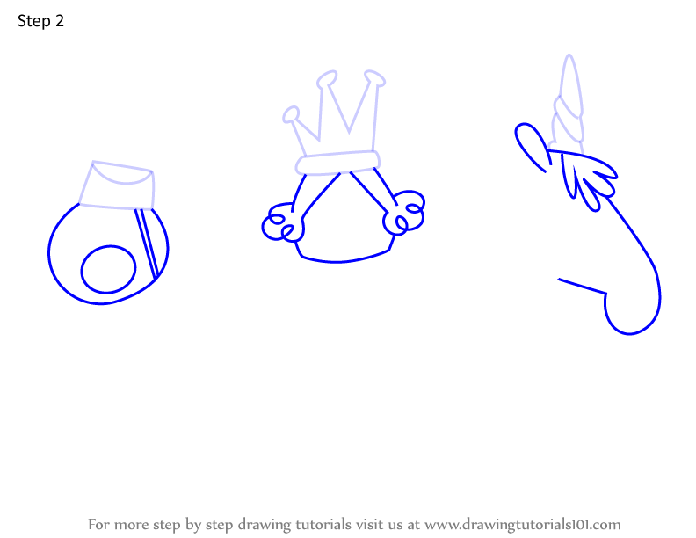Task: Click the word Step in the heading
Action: point(33,21)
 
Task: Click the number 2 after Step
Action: point(60,20)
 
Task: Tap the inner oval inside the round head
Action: point(108,270)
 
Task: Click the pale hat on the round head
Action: point(117,185)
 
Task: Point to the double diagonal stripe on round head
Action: point(147,244)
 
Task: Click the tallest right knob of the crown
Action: point(374,78)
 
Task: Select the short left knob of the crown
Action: point(291,114)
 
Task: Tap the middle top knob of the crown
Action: point(327,79)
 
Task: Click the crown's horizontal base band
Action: point(337,163)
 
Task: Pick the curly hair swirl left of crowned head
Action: point(282,222)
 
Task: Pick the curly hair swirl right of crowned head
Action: point(403,212)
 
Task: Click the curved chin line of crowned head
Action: point(344,260)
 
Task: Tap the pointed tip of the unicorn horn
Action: point(569,55)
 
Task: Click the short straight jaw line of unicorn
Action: point(582,286)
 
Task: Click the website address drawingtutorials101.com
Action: point(523,524)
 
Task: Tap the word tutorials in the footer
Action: point(323,524)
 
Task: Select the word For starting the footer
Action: point(98,524)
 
